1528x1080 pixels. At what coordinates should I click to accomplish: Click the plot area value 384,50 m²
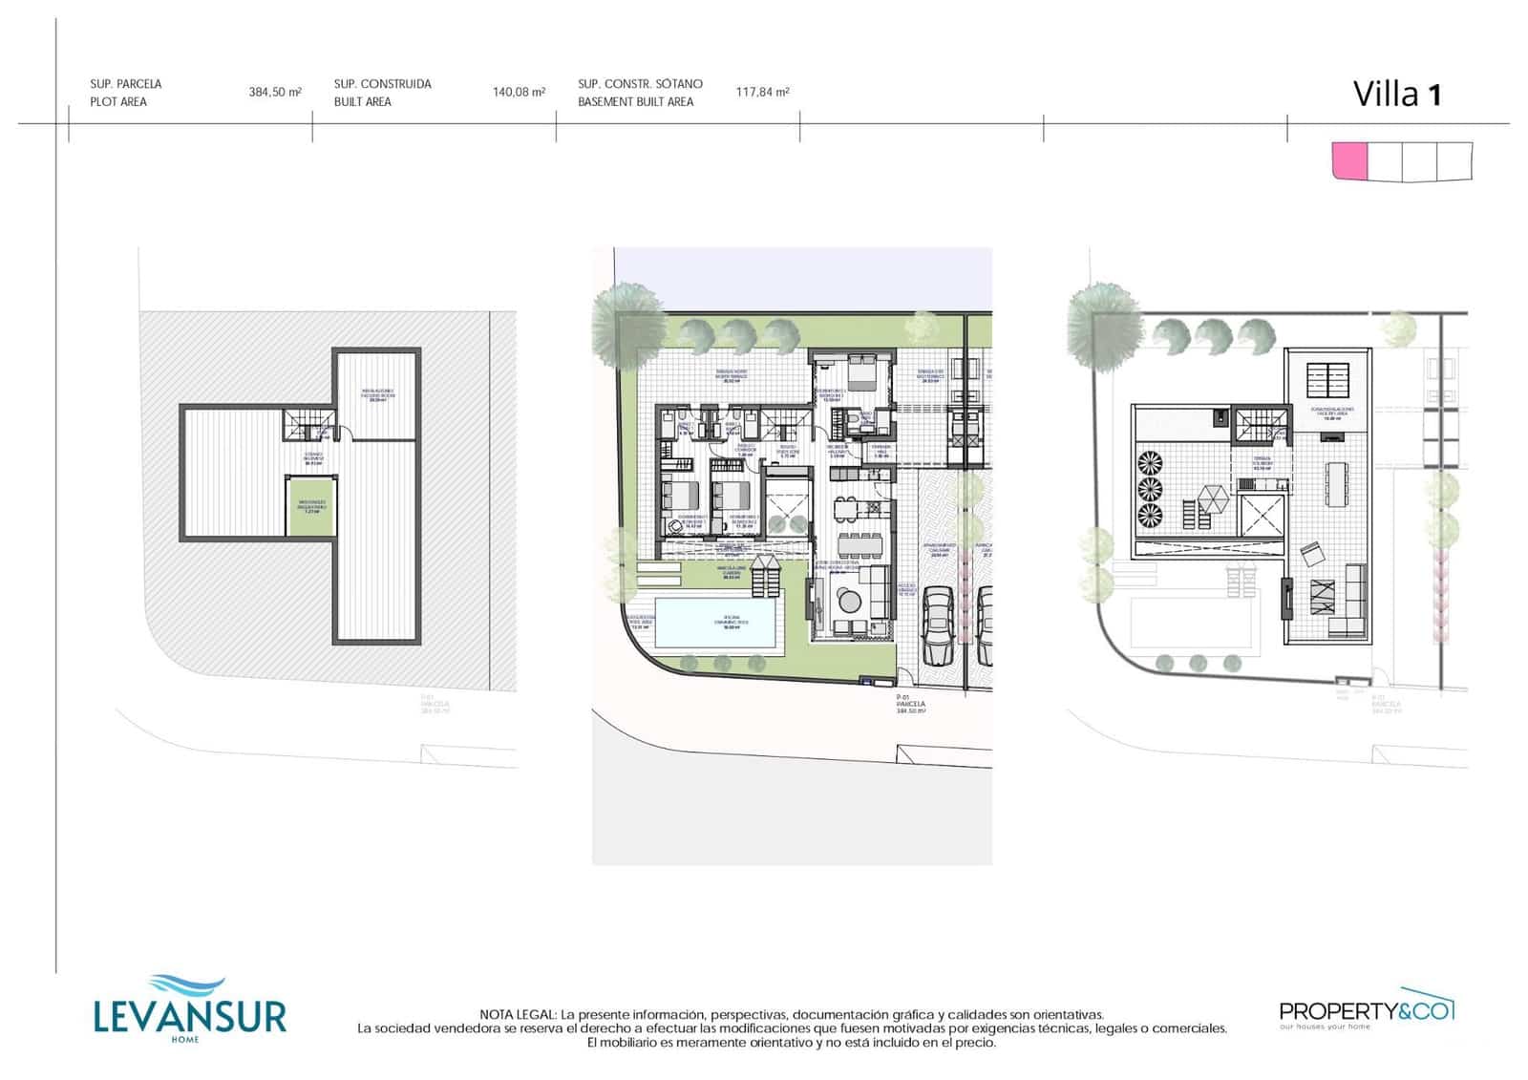coord(275,93)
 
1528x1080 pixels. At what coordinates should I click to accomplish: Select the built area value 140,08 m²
coord(519,93)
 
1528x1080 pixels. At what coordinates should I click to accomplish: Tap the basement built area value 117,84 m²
coord(762,93)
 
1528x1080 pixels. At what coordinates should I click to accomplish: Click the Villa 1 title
coord(1396,95)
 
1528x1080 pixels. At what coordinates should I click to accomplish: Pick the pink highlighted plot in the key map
coord(1349,160)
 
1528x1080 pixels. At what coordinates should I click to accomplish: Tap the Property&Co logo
coord(1366,1009)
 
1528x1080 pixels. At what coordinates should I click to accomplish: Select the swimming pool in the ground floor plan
coord(715,622)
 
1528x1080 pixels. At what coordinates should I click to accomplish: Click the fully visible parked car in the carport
coord(939,626)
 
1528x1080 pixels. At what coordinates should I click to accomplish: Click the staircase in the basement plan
coord(308,424)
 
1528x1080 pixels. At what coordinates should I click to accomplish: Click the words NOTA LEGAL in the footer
coord(519,1014)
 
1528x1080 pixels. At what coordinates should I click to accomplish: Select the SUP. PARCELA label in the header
coord(126,84)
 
